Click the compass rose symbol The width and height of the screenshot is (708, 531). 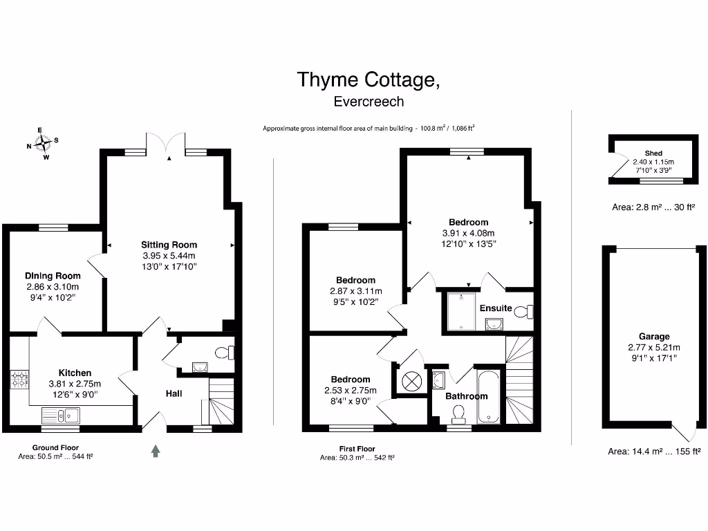(x=42, y=143)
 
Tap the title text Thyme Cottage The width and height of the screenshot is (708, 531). (x=368, y=80)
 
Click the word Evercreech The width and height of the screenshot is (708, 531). (x=368, y=101)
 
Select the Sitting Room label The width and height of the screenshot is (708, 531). (x=169, y=245)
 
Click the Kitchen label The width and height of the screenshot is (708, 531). (x=75, y=373)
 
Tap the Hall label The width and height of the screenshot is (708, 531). (x=174, y=393)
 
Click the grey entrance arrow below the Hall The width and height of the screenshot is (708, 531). (x=156, y=451)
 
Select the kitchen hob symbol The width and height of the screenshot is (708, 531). (x=18, y=380)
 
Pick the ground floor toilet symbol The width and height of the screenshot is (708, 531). (x=224, y=353)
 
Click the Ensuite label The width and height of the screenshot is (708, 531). (x=496, y=308)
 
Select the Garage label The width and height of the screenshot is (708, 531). (x=653, y=337)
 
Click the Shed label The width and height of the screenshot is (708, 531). (x=653, y=153)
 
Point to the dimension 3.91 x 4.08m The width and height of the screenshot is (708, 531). (x=469, y=233)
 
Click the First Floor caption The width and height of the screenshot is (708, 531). (x=357, y=449)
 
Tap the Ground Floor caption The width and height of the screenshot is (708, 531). (x=55, y=448)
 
